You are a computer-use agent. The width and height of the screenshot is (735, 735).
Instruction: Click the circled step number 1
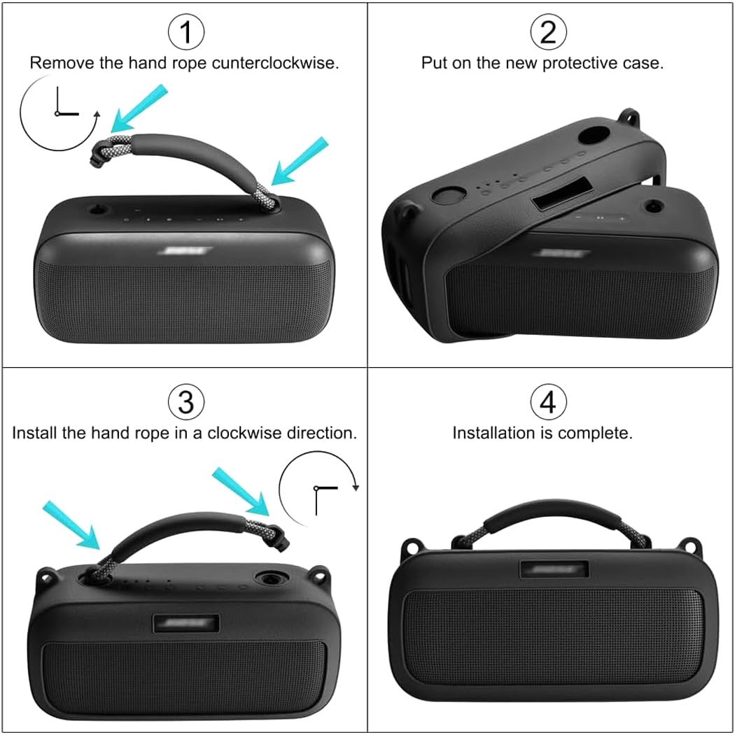(185, 32)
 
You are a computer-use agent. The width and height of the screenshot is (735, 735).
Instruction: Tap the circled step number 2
(548, 32)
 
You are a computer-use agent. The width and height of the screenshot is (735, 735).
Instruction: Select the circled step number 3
(185, 402)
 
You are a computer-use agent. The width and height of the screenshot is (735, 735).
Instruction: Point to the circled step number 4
(548, 402)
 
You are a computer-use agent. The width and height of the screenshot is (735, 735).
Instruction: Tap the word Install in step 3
(34, 433)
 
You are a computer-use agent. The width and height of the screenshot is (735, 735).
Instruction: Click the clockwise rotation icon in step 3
(318, 487)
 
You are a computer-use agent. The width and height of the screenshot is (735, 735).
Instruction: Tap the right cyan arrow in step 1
(300, 162)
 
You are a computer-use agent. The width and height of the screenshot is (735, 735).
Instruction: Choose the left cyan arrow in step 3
(71, 524)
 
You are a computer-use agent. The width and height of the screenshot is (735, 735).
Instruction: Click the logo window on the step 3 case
(185, 622)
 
